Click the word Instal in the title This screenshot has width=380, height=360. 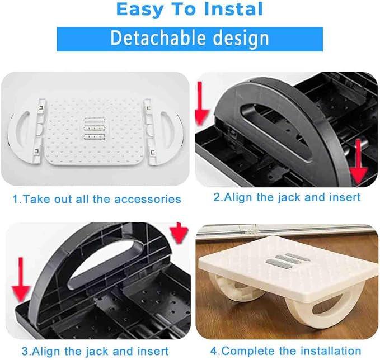tap(233, 9)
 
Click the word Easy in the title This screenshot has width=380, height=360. tap(139, 10)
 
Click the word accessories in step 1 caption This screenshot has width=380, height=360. tap(148, 199)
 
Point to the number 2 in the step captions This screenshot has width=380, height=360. tap(217, 197)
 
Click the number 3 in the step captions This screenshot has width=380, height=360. tap(25, 351)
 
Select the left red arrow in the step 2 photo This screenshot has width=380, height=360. tap(201, 103)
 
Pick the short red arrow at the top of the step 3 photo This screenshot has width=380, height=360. tap(179, 232)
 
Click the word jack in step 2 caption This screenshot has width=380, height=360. tap(289, 198)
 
